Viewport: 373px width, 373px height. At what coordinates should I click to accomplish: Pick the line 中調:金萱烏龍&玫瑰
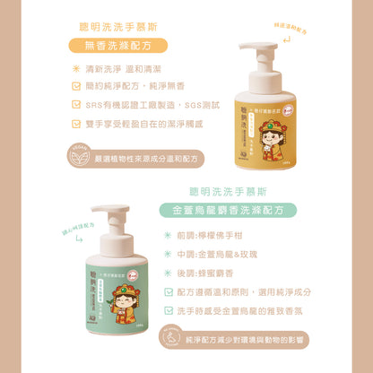pos(221,254)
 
